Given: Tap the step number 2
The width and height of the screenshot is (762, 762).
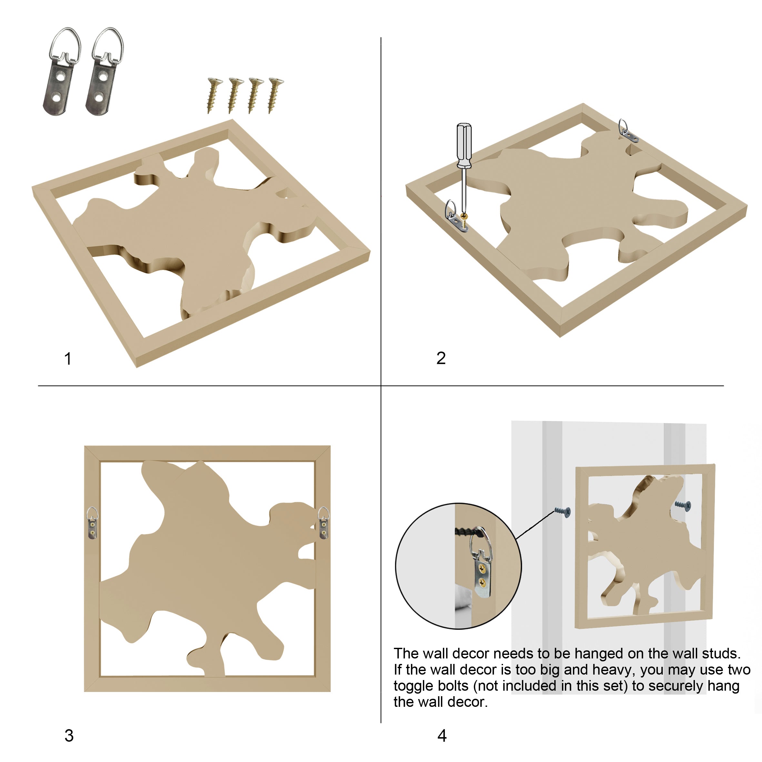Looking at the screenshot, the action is coord(441,358).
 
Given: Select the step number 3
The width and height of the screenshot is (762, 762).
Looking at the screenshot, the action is coord(69,736).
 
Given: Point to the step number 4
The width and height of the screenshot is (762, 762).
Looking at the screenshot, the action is coord(442,736).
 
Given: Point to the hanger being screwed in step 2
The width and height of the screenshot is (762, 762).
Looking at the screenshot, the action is coord(456,216).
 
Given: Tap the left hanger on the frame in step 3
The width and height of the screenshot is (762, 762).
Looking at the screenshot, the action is coord(92,523).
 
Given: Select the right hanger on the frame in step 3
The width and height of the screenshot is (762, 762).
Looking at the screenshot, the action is coord(324,523).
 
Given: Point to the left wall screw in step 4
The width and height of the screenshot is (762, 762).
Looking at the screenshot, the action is coord(563,512).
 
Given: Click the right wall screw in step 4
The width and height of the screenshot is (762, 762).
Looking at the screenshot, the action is coord(683,505).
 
